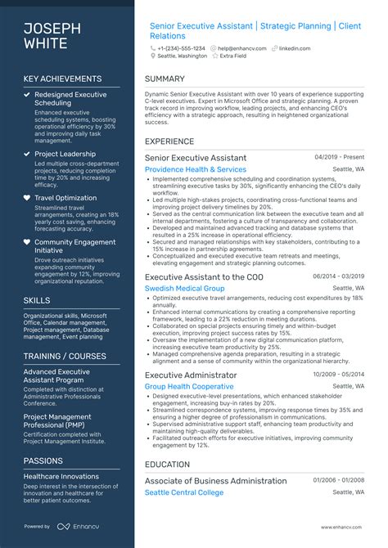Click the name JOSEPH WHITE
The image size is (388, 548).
coord(52,36)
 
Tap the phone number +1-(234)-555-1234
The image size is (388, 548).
coord(182,48)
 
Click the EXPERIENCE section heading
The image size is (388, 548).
coord(169,141)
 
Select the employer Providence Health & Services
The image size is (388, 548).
coord(195,169)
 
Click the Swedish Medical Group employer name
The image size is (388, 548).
coord(184,288)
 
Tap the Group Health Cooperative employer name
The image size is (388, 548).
coord(189,386)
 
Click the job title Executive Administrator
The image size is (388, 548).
coord(191,375)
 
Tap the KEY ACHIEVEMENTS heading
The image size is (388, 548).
coord(62,79)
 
